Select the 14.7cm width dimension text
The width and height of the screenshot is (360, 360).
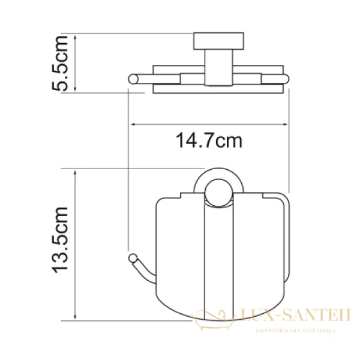pos(209,142)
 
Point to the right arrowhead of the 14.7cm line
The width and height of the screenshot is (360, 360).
pos(287,125)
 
